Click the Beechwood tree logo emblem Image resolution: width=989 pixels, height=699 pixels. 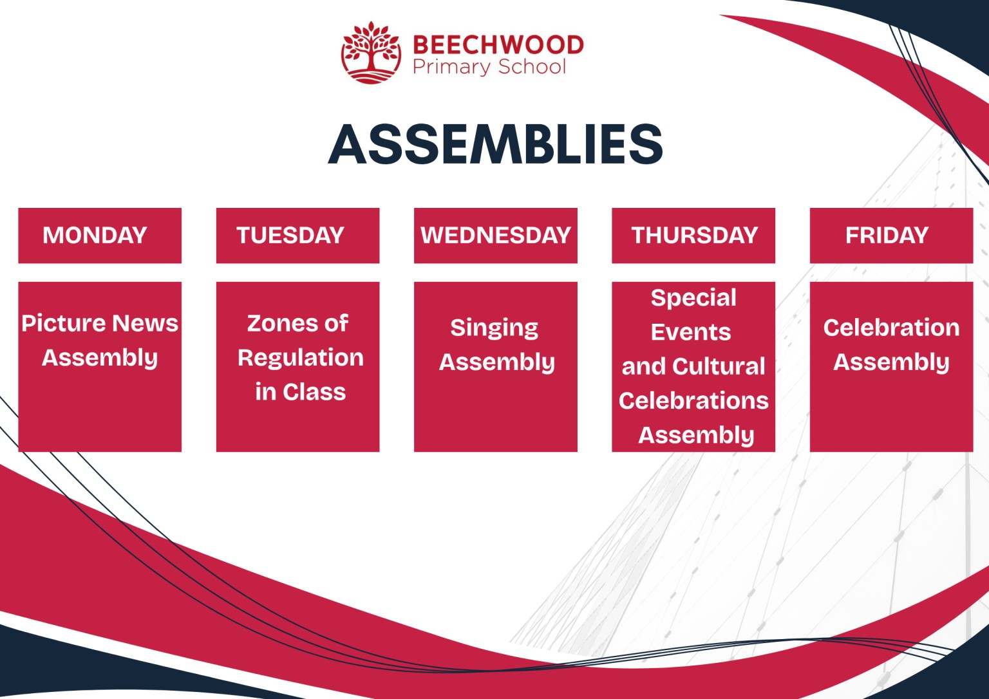pos(371,53)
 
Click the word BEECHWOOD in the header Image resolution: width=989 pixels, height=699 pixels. pos(498,45)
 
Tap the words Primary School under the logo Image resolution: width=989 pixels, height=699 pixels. pos(489,67)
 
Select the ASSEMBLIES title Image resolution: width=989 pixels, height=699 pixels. pos(495,144)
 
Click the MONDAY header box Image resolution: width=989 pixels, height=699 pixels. pos(100,236)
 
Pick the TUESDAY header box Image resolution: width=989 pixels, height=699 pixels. pos(297,236)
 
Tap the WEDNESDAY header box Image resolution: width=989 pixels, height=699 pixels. pos(495,236)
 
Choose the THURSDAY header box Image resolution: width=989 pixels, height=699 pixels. pos(693,236)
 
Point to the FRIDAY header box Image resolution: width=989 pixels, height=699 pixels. pos(891,236)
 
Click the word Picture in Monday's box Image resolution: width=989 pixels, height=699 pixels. pos(64,323)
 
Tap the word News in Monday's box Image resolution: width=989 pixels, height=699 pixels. pos(146,323)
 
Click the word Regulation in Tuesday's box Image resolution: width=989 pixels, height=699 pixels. pos(301,358)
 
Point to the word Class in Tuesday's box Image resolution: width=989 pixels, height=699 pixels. pos(314,392)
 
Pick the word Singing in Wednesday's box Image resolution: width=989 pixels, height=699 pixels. pos(494,328)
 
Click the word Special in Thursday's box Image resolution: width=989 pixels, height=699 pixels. pos(693,298)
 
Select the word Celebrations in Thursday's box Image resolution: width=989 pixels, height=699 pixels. pos(693,401)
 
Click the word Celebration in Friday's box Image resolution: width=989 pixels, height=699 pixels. pos(891,328)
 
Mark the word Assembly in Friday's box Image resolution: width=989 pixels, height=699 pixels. pos(891,362)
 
